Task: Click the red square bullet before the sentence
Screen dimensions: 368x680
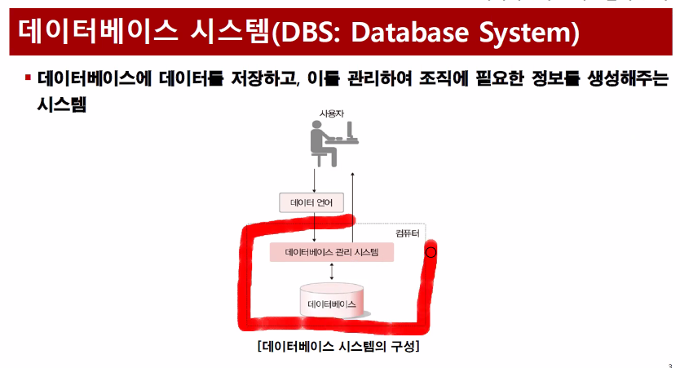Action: [x=27, y=79]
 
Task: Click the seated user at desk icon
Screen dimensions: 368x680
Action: [x=332, y=143]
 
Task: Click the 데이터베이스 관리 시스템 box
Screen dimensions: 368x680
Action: [x=332, y=252]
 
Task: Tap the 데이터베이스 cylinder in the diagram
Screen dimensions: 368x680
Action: [x=332, y=301]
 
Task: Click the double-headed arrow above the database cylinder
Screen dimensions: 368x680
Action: [x=332, y=273]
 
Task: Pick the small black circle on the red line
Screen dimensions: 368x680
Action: [x=431, y=253]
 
